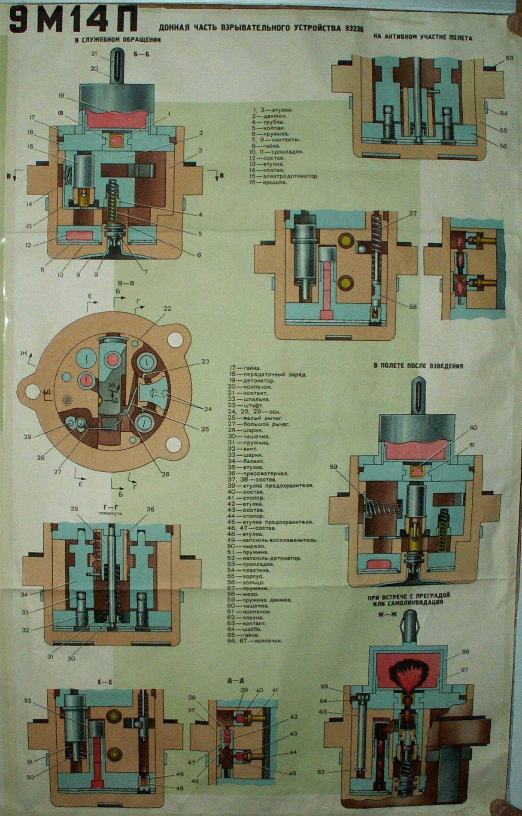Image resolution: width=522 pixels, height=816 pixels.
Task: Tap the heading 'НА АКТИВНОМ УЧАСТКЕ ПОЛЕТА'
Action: pos(422,38)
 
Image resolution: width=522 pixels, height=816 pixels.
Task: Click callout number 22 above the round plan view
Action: pos(167,309)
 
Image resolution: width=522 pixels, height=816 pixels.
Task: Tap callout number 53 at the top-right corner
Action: pos(509,58)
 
